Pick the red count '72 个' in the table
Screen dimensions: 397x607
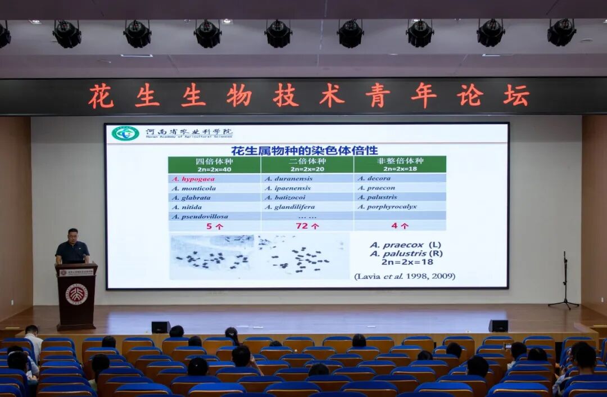pos(307,226)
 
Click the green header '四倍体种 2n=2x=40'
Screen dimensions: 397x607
pos(214,164)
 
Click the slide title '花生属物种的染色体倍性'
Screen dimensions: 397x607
pos(304,150)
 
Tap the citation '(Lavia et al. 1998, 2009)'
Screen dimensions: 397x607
pos(404,276)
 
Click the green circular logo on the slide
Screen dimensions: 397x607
pos(125,133)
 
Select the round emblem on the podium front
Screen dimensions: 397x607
pos(76,294)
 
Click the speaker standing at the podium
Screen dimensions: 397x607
pos(73,247)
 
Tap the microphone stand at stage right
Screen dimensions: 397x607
pos(564,281)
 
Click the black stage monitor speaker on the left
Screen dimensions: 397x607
pos(160,327)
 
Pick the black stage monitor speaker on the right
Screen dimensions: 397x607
pos(498,326)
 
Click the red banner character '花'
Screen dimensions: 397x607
pos(101,96)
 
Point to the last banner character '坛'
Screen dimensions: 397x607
pos(515,96)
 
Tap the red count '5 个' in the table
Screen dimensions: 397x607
pos(214,226)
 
